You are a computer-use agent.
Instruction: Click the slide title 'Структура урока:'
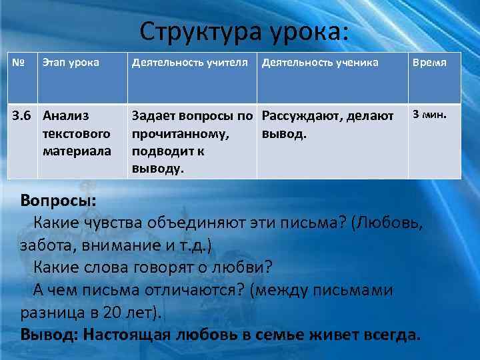point(244,31)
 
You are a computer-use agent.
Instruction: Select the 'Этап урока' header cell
point(71,63)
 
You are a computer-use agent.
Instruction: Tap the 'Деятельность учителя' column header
point(191,63)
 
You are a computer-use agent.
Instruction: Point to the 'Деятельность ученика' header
point(320,63)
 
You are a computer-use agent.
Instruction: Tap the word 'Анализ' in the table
point(66,117)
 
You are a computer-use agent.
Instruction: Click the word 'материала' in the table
point(77,151)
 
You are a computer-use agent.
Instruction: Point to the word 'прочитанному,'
point(181,134)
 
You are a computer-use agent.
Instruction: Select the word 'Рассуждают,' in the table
point(298,117)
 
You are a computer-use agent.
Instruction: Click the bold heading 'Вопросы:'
point(58,200)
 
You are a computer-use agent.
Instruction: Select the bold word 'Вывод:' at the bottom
point(48,334)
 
